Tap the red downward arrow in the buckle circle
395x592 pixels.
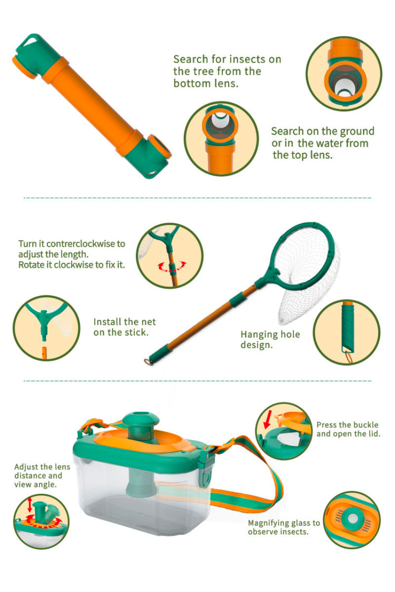pos(268,420)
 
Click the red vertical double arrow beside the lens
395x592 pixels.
pos(30,504)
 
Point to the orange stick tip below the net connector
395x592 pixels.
pos(44,353)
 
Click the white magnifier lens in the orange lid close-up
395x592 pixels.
pos(353,518)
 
